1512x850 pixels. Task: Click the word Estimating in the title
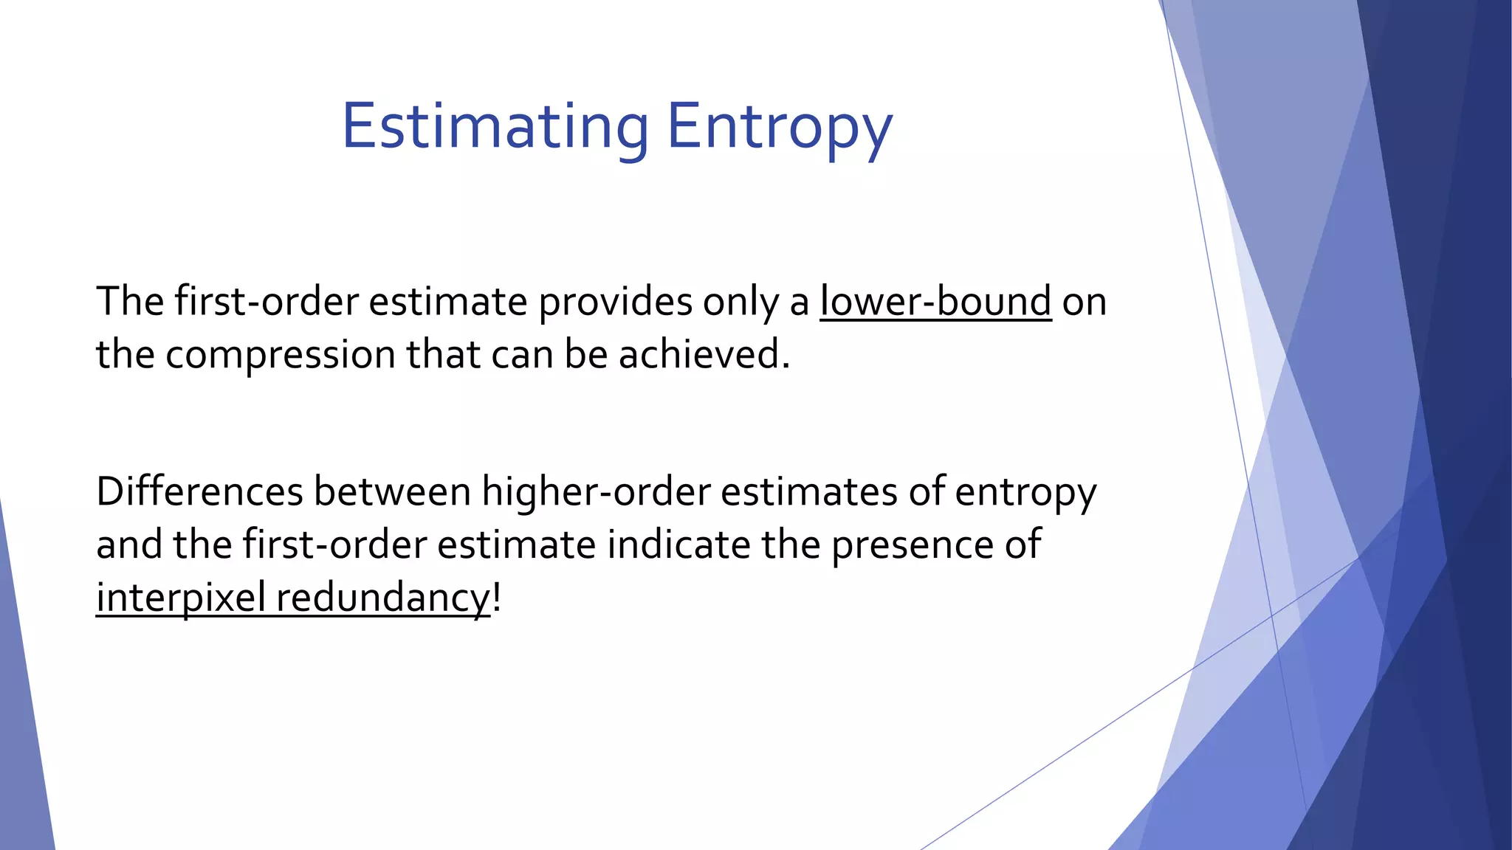tap(495, 127)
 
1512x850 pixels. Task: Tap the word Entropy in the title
tap(780, 127)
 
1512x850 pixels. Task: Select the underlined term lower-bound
tap(935, 302)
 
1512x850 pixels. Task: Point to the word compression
tap(281, 355)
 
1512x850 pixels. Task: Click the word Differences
tap(199, 491)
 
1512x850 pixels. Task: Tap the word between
tap(392, 491)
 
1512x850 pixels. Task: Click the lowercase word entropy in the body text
tap(1025, 493)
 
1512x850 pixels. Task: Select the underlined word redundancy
tap(382, 598)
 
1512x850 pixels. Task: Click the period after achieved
tap(786, 365)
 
